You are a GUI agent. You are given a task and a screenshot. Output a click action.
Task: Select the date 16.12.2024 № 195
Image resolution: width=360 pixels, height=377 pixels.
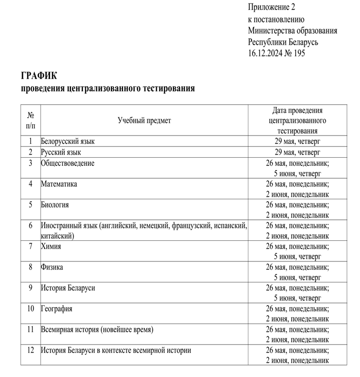click(276, 52)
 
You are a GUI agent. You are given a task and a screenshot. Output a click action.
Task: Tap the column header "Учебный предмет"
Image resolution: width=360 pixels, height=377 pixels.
click(144, 120)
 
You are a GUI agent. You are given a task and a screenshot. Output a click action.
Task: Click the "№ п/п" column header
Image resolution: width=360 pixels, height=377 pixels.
click(30, 120)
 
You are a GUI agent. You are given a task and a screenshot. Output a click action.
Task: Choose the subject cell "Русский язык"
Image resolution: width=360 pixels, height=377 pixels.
click(61, 152)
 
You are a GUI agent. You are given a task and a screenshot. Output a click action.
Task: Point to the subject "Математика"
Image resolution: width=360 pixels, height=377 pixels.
click(59, 184)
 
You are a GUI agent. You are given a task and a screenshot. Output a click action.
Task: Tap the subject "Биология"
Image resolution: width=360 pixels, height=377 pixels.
click(55, 204)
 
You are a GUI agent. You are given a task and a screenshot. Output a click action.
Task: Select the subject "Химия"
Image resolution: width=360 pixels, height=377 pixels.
click(51, 246)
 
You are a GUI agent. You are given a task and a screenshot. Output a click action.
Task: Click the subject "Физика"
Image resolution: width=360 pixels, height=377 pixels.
click(52, 267)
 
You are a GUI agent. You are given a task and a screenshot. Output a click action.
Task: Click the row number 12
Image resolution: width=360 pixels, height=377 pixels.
click(30, 350)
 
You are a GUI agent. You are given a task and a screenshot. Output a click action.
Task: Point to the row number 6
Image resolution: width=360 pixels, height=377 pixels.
click(30, 225)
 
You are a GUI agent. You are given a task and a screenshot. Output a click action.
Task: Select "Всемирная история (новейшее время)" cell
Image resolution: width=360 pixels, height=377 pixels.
click(97, 330)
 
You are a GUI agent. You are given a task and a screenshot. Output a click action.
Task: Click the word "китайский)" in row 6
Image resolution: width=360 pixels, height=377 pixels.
click(58, 236)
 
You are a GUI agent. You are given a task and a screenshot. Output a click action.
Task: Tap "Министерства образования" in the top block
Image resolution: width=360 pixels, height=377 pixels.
click(292, 30)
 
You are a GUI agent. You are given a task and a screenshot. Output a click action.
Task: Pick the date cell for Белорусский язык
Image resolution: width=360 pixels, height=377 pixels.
click(297, 141)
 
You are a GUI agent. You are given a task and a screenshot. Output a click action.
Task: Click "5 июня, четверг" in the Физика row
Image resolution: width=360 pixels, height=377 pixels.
click(297, 277)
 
